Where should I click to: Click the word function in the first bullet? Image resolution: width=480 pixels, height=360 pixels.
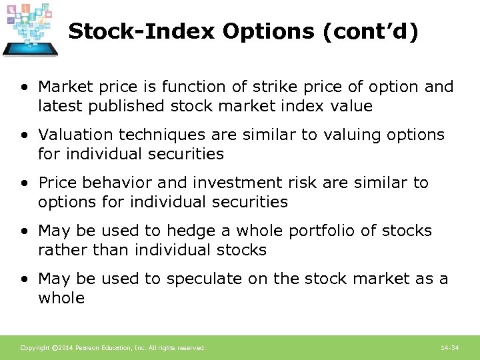pyautogui.click(x=189, y=87)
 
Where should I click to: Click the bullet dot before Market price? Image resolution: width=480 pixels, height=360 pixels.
pyautogui.click(x=24, y=87)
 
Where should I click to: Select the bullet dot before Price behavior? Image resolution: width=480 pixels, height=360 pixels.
pyautogui.click(x=24, y=183)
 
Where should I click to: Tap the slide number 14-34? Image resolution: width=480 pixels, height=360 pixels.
pyautogui.click(x=450, y=348)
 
